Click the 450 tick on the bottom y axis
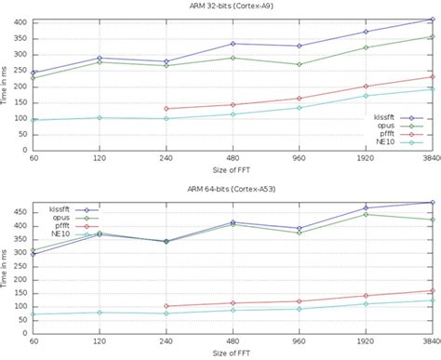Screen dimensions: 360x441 (17, 211)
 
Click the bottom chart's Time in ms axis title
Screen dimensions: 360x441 (6, 266)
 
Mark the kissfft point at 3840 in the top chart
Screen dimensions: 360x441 (433, 19)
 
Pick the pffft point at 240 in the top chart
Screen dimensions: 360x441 (166, 109)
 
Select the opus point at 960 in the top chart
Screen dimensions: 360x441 (299, 64)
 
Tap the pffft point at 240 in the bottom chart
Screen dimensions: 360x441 (166, 306)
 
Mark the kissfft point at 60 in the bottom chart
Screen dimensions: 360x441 (33, 254)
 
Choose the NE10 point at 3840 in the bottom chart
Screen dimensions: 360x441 (433, 300)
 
